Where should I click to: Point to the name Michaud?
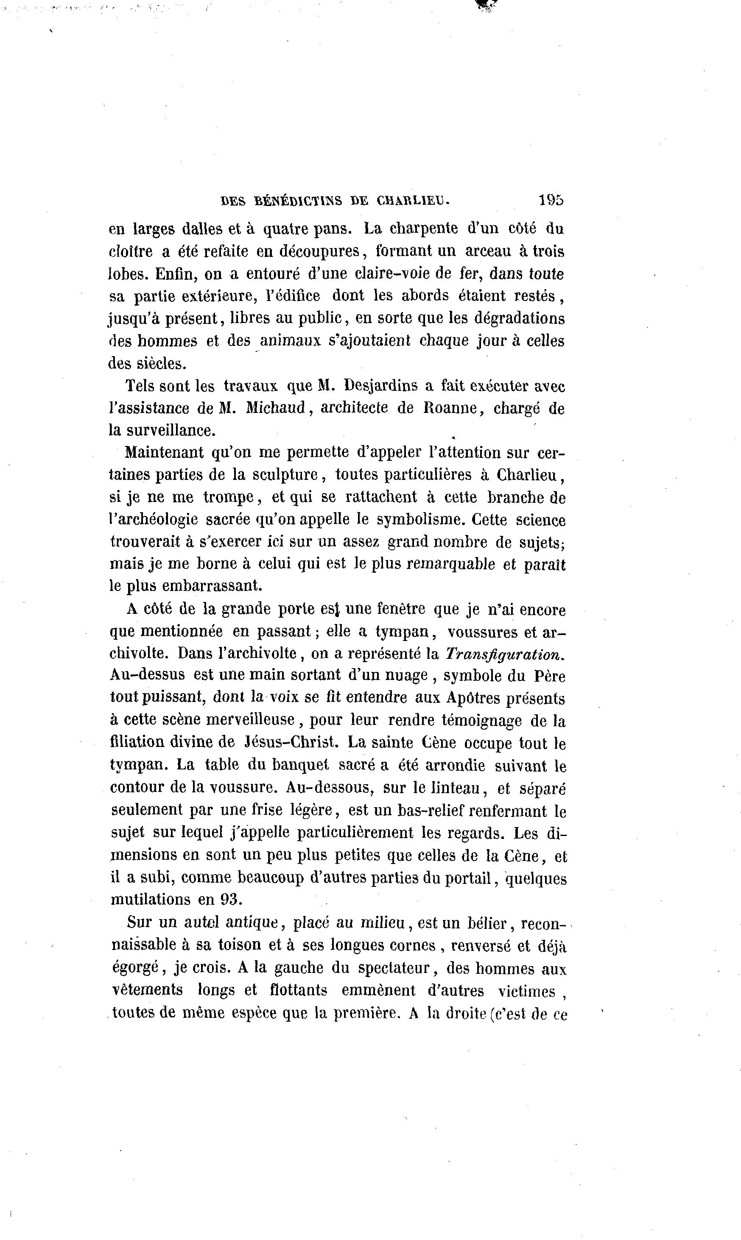click(x=276, y=408)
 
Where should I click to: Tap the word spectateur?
click(x=400, y=969)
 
